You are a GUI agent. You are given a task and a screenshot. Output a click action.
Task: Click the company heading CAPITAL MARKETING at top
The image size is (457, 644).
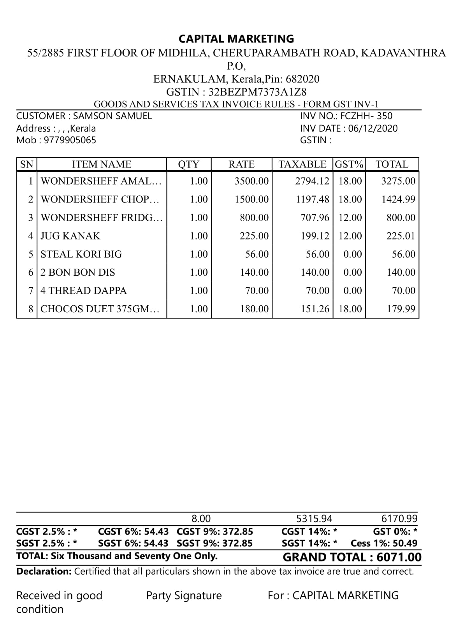tap(236, 39)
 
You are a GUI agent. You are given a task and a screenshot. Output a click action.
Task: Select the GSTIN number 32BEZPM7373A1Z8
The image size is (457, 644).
tap(257, 92)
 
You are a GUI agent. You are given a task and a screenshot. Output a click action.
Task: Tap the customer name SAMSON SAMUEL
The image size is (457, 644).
tap(112, 116)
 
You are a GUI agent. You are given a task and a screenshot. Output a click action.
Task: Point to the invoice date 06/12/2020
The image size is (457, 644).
tap(373, 128)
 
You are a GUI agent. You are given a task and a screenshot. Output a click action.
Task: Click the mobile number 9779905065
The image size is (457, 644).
tap(70, 140)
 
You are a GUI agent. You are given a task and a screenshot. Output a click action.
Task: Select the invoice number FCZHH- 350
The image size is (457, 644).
tap(366, 116)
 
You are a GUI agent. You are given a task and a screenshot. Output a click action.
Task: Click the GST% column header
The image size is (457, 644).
tap(349, 164)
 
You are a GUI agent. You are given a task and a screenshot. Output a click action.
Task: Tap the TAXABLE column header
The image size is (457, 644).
tap(302, 164)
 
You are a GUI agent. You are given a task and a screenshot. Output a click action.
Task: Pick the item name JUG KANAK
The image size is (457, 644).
tap(70, 236)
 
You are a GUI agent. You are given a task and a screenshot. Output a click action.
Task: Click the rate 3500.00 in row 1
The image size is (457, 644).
tap(251, 181)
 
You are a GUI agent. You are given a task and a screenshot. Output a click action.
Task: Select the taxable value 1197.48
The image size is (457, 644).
tap(312, 199)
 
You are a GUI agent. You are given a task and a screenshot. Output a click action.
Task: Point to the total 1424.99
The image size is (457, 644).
tap(398, 199)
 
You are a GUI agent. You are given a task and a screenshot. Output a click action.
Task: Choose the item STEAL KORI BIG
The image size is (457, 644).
tap(81, 254)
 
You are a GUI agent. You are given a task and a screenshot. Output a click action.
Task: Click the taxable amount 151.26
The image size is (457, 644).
tap(315, 309)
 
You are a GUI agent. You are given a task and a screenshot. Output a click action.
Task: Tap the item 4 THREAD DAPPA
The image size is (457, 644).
tap(84, 291)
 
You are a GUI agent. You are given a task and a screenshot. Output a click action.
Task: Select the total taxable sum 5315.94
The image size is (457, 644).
tap(314, 519)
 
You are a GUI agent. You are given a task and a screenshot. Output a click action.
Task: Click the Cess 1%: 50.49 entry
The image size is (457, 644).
tap(384, 543)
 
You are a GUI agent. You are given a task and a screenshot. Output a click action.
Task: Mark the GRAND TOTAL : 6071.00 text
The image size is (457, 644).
tap(352, 557)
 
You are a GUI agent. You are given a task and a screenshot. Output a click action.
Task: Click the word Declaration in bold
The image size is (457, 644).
tap(43, 572)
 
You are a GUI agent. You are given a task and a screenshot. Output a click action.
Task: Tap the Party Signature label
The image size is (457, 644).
tap(184, 596)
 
